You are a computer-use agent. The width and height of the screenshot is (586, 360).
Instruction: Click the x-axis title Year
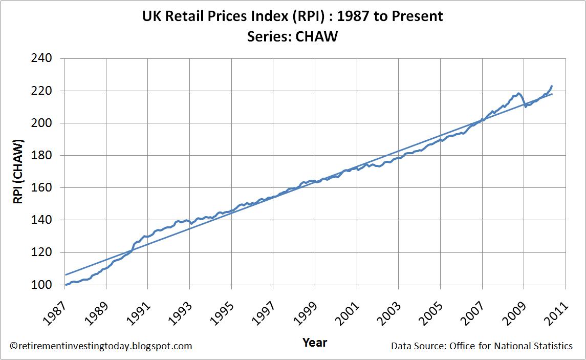(314, 342)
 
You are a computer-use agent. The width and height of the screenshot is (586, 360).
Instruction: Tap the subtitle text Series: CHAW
(292, 37)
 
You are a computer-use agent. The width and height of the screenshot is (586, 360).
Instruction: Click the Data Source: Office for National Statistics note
(482, 346)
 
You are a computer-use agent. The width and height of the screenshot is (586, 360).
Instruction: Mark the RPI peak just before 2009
(518, 93)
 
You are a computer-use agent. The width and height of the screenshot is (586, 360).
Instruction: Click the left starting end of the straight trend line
(66, 274)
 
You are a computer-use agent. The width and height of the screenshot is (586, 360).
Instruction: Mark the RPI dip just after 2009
(526, 106)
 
